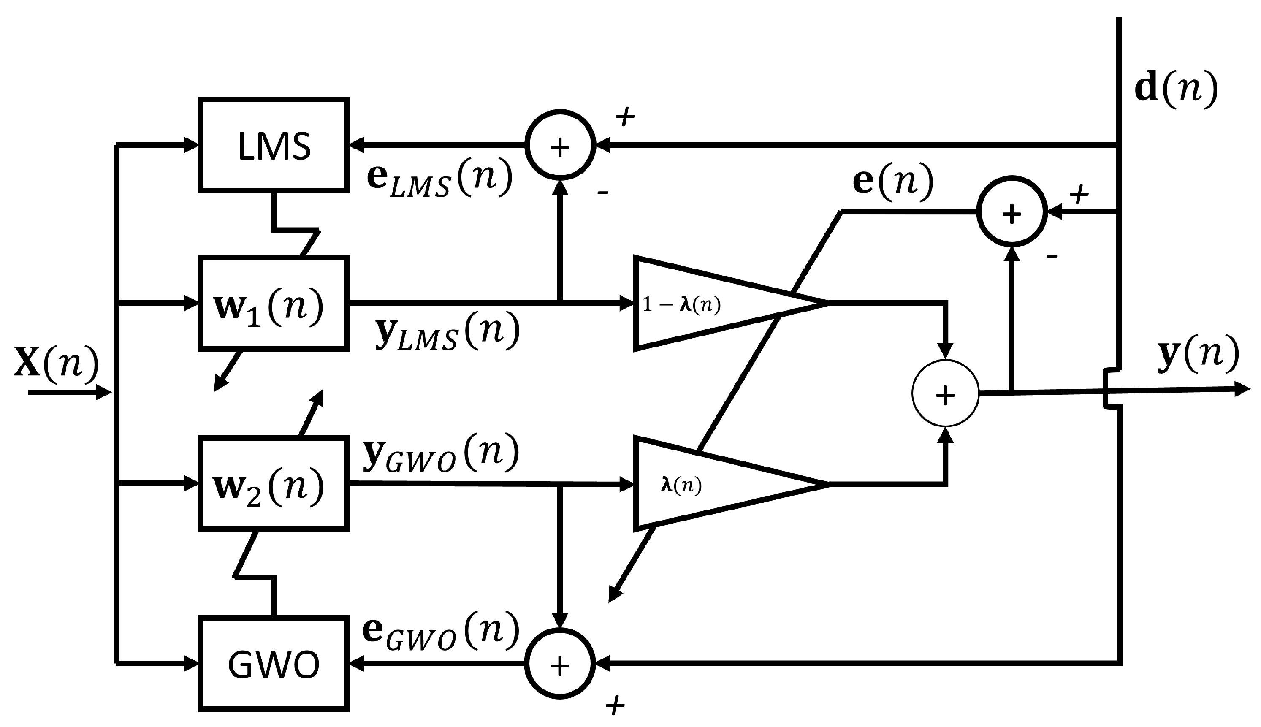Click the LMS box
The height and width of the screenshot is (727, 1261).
pyautogui.click(x=274, y=145)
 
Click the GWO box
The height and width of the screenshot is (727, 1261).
pyautogui.click(x=274, y=664)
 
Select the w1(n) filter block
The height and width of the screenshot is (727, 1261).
pyautogui.click(x=274, y=303)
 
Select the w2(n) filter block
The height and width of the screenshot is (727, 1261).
pyautogui.click(x=274, y=483)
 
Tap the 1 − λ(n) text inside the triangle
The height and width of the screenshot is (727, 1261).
pyautogui.click(x=681, y=304)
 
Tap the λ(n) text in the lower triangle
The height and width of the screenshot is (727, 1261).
pyautogui.click(x=681, y=485)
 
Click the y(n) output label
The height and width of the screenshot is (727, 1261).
pyautogui.click(x=1198, y=353)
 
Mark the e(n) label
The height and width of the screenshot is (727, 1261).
pyautogui.click(x=892, y=181)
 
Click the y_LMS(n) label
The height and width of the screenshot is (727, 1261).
pyautogui.click(x=447, y=331)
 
